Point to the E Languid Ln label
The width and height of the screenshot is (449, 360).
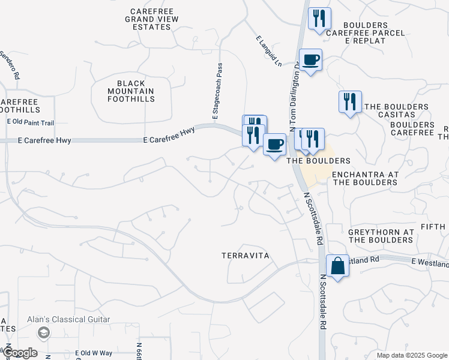(268, 50)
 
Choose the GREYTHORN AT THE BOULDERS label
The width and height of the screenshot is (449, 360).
(381, 236)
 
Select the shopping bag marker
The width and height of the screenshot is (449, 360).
(337, 265)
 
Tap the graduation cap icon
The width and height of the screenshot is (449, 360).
(43, 332)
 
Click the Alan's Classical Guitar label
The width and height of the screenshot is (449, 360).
(68, 320)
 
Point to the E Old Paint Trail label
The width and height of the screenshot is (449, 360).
(31, 122)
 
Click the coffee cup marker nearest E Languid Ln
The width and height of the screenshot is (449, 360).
(310, 60)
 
